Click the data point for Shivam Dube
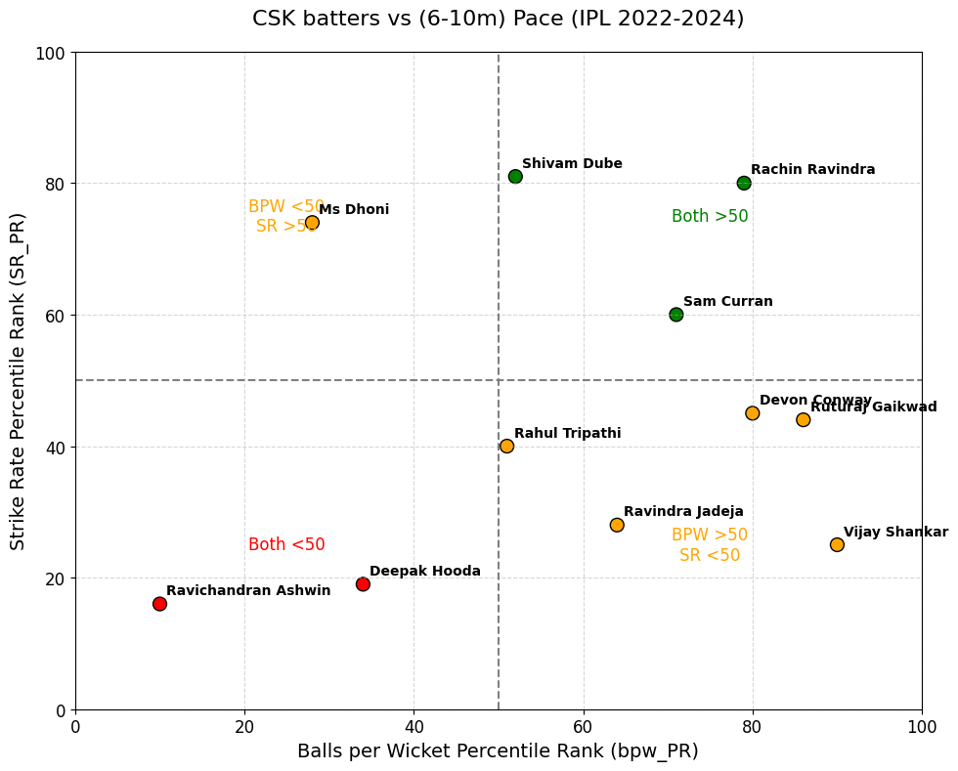click(x=515, y=177)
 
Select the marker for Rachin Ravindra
click(x=744, y=183)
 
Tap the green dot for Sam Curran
click(x=676, y=315)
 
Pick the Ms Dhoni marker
click(x=312, y=223)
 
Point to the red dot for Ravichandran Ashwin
click(x=159, y=604)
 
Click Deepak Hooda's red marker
click(x=363, y=584)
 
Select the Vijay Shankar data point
click(x=837, y=545)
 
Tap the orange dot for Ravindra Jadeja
click(x=617, y=525)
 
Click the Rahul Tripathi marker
click(x=506, y=447)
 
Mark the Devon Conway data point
click(x=752, y=413)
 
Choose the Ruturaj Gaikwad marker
click(x=804, y=420)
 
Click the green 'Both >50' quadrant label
click(x=710, y=217)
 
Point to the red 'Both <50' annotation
click(x=286, y=545)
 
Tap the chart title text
click(x=498, y=19)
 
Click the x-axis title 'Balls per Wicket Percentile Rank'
click(x=498, y=751)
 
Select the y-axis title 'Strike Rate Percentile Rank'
click(x=19, y=381)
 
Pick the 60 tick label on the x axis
click(x=584, y=727)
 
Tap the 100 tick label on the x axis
click(x=922, y=727)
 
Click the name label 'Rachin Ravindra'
click(x=813, y=170)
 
